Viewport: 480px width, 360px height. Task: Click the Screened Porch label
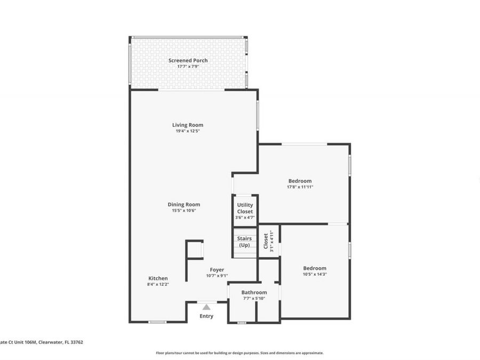pos(188,61)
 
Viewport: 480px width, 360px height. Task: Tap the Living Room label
pos(187,125)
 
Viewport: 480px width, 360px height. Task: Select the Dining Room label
pos(183,204)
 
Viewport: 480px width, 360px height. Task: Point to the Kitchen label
pos(158,278)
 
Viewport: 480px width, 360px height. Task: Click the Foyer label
pos(217,270)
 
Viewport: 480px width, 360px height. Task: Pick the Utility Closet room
pos(245,209)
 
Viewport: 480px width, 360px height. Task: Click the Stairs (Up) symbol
pos(244,242)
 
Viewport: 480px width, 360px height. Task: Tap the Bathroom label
pos(254,292)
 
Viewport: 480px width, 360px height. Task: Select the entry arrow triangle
pos(206,307)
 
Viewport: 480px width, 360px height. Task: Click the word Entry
pos(206,316)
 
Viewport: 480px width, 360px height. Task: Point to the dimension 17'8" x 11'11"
pos(300,187)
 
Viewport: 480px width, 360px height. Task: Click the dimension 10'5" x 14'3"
pos(315,274)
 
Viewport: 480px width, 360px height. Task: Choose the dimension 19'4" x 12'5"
pos(187,131)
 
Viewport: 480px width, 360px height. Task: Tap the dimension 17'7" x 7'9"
pos(188,67)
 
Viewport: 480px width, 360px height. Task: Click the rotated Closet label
pos(266,241)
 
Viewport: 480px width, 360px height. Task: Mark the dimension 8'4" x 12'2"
pos(158,284)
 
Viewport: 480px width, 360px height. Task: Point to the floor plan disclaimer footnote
pos(239,353)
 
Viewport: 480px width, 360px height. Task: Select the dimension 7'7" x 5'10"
pos(254,298)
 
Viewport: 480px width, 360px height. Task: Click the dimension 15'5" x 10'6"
pos(183,211)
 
